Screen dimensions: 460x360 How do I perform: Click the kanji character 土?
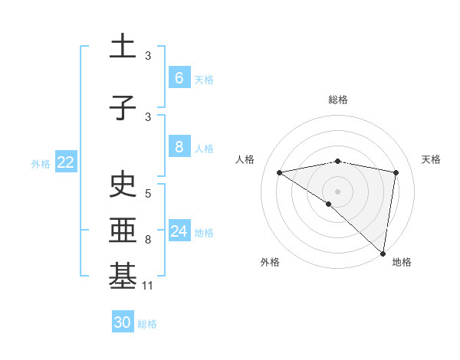(x=123, y=48)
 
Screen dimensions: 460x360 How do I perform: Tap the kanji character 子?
(x=123, y=109)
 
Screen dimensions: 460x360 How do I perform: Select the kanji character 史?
(x=123, y=185)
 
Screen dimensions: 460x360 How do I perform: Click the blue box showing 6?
(x=179, y=78)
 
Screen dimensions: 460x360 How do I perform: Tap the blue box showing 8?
(x=179, y=147)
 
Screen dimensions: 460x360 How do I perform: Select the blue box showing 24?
(x=179, y=231)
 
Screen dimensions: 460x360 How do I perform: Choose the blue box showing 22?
(x=65, y=162)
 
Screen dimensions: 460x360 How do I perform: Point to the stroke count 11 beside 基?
(x=149, y=286)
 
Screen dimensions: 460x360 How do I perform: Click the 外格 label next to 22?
(x=41, y=163)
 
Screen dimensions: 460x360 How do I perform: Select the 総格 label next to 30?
(x=148, y=324)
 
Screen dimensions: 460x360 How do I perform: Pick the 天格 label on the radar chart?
(x=432, y=159)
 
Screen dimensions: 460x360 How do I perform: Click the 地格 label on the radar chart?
(x=402, y=262)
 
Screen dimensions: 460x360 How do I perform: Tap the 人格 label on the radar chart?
(x=245, y=159)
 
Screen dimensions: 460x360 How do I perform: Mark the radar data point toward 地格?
(x=383, y=253)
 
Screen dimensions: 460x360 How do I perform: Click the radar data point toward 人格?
(x=280, y=172)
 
